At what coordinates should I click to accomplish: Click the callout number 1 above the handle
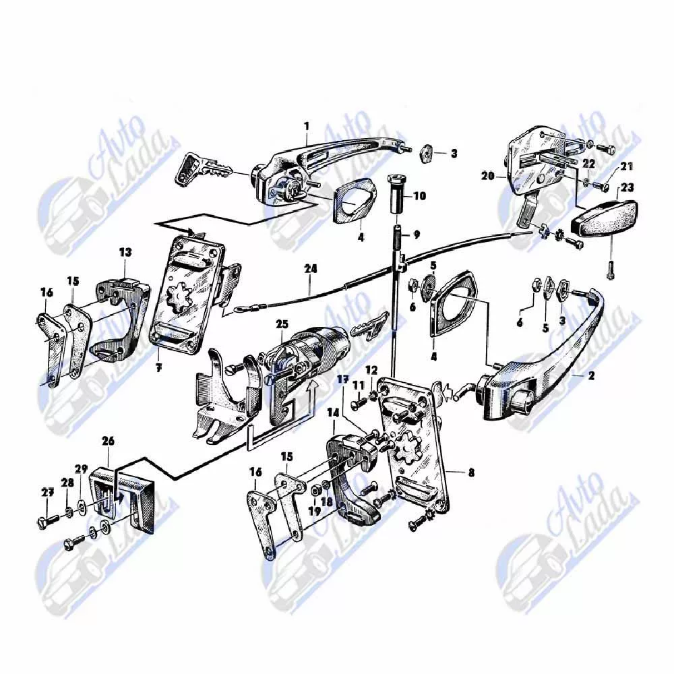click(x=307, y=127)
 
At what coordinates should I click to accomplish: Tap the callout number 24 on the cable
click(x=310, y=269)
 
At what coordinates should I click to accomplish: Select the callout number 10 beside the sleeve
click(x=419, y=196)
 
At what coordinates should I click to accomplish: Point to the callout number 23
click(x=627, y=187)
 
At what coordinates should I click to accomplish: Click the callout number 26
click(x=109, y=441)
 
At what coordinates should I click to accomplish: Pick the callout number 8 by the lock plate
click(x=471, y=473)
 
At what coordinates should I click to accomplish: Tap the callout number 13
click(x=125, y=252)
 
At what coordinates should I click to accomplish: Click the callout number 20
click(x=488, y=176)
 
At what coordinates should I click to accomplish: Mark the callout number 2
click(x=592, y=375)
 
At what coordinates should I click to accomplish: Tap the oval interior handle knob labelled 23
click(x=604, y=220)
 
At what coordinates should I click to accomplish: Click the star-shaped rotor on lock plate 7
click(x=181, y=297)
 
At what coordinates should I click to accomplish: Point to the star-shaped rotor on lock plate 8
click(x=406, y=449)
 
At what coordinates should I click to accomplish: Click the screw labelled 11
click(x=360, y=402)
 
